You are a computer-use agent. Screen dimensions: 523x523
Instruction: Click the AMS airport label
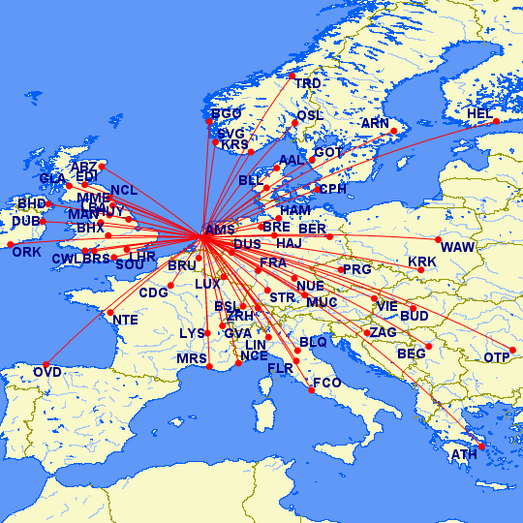pyautogui.click(x=220, y=230)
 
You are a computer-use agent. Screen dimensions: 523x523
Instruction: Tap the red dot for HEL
pyautogui.click(x=497, y=121)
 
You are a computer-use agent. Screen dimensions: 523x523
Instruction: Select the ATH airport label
pyautogui.click(x=464, y=454)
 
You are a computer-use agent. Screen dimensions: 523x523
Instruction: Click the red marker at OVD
pyautogui.click(x=46, y=365)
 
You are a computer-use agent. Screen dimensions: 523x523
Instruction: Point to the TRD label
pyautogui.click(x=308, y=84)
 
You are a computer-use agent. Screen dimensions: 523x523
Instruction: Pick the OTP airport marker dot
pyautogui.click(x=513, y=350)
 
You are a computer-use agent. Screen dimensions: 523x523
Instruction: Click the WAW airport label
pyautogui.click(x=456, y=247)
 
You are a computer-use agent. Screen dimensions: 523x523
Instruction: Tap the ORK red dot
pyautogui.click(x=12, y=244)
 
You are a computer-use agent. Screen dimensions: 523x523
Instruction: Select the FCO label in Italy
pyautogui.click(x=326, y=384)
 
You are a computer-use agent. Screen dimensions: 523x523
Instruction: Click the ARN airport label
pyautogui.click(x=375, y=124)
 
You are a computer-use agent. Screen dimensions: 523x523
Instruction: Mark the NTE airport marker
pyautogui.click(x=109, y=312)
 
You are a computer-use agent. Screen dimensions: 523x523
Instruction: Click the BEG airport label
pyautogui.click(x=411, y=354)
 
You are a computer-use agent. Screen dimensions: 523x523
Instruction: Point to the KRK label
pyautogui.click(x=422, y=262)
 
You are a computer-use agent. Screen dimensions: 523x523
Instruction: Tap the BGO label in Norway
pyautogui.click(x=226, y=114)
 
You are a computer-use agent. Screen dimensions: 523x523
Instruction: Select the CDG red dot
pyautogui.click(x=169, y=285)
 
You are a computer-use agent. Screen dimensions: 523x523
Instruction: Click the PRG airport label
pyautogui.click(x=356, y=269)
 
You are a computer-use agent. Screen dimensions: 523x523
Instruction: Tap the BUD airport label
pyautogui.click(x=414, y=316)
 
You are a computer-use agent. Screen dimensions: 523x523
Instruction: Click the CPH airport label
pyautogui.click(x=331, y=189)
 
